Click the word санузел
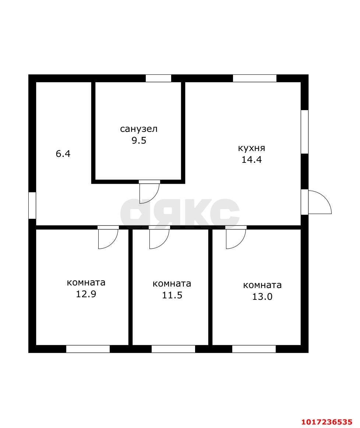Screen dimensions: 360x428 139,129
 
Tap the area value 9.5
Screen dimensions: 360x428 139,141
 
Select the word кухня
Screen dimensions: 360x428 251,148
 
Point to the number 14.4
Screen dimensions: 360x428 251,159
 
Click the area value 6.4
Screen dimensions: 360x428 63,154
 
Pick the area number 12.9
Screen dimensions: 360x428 86,294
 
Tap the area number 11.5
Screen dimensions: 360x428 172,295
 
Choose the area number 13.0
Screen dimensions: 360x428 262,297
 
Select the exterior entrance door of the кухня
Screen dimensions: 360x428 320,202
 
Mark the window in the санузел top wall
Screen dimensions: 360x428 158,78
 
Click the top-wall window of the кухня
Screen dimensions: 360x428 255,78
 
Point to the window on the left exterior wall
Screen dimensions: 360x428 32,206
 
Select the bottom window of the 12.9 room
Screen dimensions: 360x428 88,349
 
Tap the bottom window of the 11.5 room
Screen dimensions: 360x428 173,349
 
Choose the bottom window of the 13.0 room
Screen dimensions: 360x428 254,349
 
